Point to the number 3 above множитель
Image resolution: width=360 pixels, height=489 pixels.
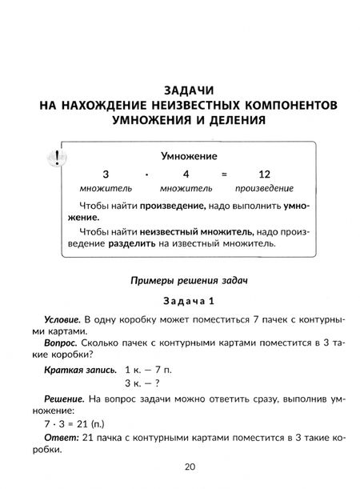tap(103, 174)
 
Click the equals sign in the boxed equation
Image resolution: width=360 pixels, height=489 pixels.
tap(226, 174)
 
